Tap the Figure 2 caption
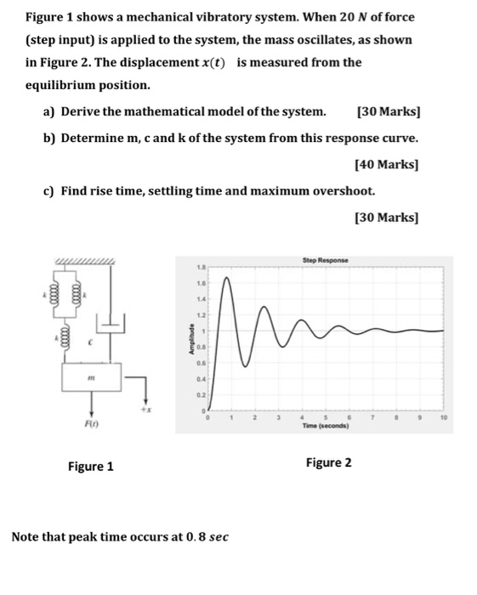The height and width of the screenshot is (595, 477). click(x=329, y=462)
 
